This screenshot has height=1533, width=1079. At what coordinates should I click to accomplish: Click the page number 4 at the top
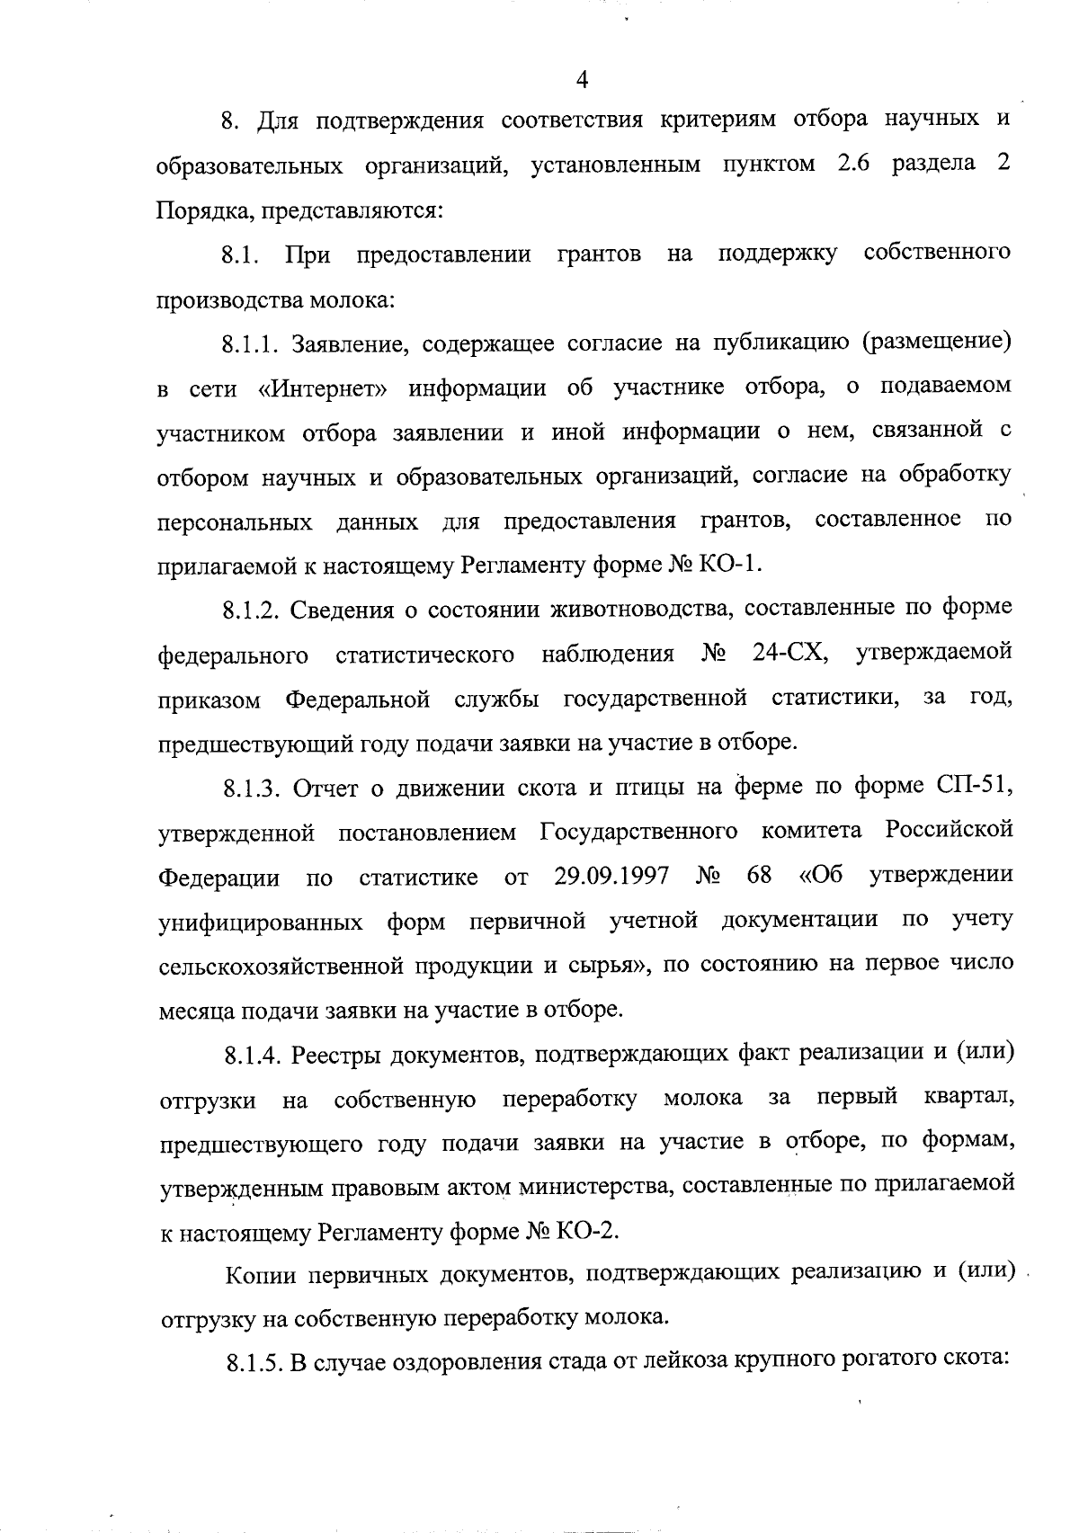(x=582, y=80)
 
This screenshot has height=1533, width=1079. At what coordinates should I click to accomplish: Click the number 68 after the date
(x=758, y=875)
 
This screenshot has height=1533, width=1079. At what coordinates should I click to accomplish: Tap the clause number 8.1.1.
(x=254, y=344)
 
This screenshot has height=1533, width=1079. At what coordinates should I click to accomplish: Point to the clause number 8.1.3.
(x=254, y=788)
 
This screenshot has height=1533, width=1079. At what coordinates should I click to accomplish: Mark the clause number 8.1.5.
(x=254, y=1363)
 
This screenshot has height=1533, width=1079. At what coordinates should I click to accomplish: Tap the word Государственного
(x=639, y=831)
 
